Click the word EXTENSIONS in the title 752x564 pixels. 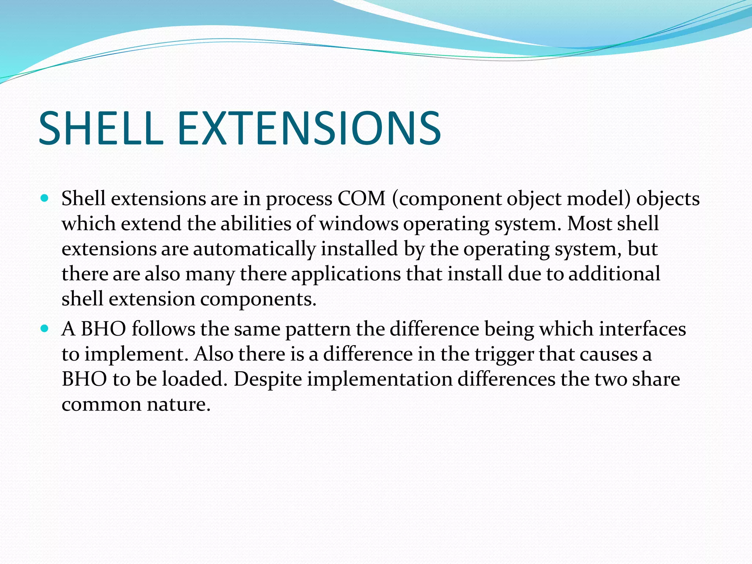(x=309, y=129)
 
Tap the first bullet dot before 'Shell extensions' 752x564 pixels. (x=45, y=199)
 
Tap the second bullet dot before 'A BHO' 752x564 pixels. (x=45, y=329)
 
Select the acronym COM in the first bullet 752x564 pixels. (x=361, y=199)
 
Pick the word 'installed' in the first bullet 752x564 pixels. (x=359, y=249)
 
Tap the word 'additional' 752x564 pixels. (x=614, y=274)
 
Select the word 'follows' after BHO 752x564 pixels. (x=163, y=329)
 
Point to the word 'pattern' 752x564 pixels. (x=318, y=329)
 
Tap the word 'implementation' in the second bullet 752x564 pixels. (x=380, y=380)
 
